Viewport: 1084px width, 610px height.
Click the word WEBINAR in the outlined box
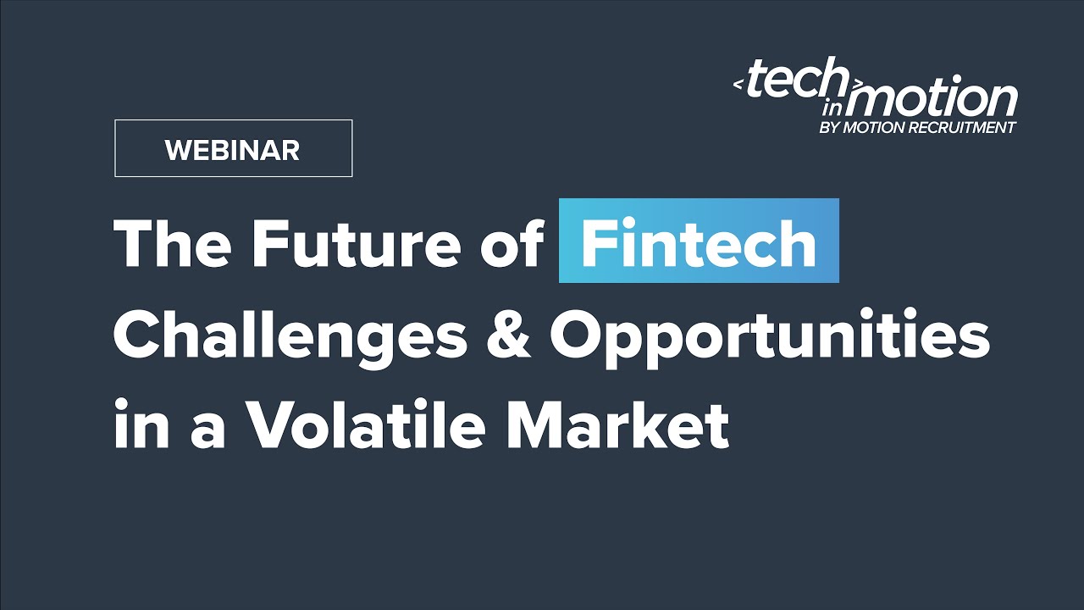click(x=232, y=150)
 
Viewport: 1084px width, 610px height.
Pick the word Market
click(x=617, y=425)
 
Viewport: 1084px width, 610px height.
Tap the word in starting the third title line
click(x=139, y=425)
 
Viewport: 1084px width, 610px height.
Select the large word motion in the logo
click(x=940, y=100)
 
